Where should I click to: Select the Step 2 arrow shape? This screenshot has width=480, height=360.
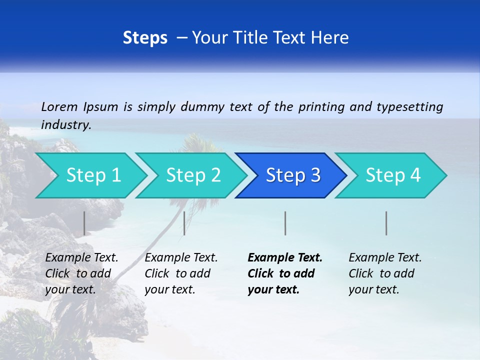tap(192, 175)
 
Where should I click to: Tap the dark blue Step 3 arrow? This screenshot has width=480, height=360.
tap(292, 175)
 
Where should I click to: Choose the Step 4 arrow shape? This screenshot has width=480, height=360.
tap(392, 175)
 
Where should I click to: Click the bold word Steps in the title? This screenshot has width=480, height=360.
tap(145, 38)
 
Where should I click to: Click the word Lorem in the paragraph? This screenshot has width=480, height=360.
tap(59, 106)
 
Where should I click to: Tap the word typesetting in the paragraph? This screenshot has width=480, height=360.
tap(409, 107)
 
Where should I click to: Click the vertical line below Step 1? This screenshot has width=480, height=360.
tap(84, 223)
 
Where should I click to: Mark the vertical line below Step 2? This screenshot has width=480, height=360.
tap(184, 223)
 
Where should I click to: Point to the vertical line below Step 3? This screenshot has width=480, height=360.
tap(285, 223)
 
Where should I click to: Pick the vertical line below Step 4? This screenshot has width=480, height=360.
tap(386, 223)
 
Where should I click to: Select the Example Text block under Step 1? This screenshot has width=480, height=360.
tap(81, 273)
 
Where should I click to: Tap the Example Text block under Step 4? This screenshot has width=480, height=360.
tap(384, 273)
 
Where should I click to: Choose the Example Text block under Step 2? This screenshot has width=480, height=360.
tap(181, 273)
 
